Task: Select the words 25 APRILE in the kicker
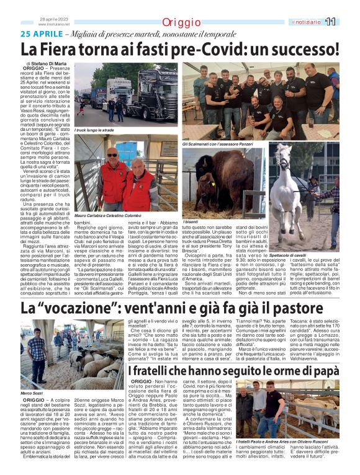click(42, 33)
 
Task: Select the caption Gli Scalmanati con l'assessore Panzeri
click(220, 144)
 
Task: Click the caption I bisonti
click(191, 221)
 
